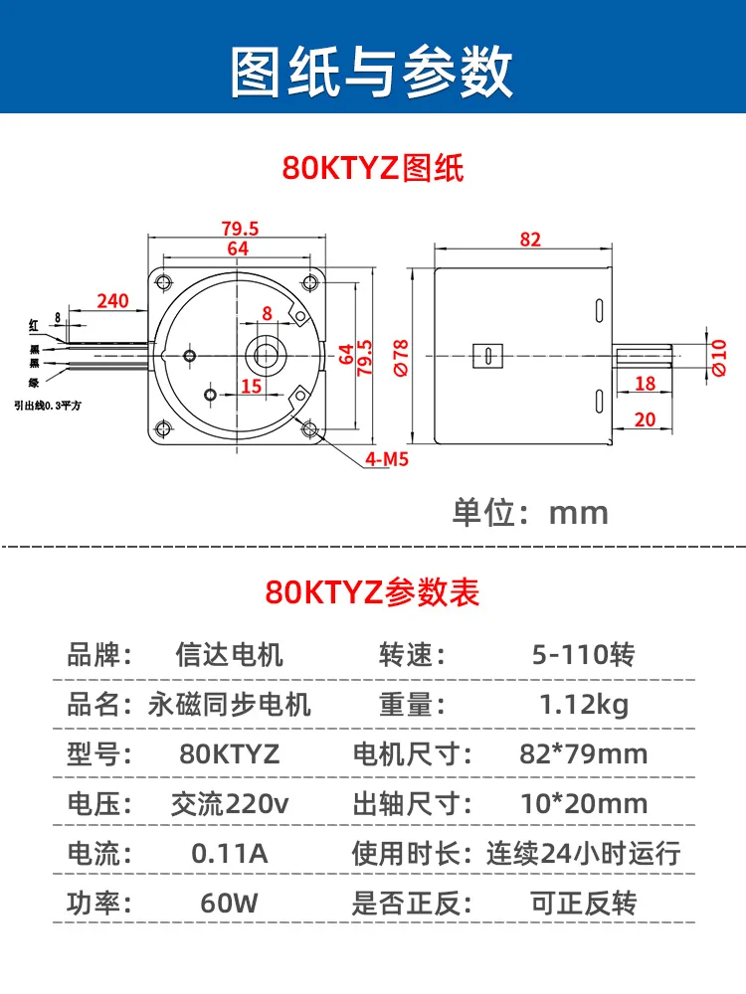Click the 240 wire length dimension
113,300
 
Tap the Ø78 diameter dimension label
401,358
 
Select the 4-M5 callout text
387,459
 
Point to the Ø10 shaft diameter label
719,358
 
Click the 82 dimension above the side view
530,240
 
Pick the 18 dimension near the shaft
646,383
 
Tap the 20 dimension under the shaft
646,419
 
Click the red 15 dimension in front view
252,386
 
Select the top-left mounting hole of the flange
164,281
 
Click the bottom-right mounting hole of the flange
309,429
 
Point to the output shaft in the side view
642,356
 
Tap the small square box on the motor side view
487,356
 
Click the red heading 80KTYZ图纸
373,168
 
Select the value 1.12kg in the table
584,705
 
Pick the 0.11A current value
230,853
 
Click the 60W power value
230,903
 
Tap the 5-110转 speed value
584,654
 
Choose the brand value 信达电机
230,654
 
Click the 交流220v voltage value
230,804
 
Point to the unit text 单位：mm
530,512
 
